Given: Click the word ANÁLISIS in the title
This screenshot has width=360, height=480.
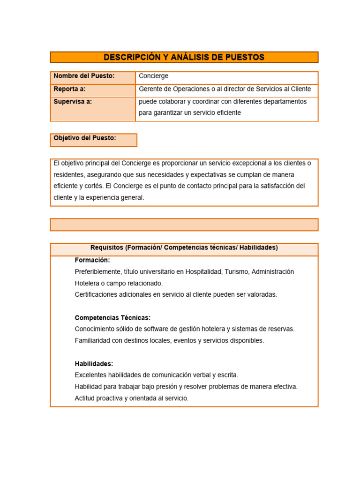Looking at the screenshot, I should [194, 57].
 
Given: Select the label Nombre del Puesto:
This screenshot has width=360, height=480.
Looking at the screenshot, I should [84, 76].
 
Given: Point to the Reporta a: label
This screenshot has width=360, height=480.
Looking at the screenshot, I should [70, 89].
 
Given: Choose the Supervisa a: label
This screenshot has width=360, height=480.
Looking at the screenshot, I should [73, 101].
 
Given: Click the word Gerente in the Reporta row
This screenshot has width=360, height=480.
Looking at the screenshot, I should [151, 89].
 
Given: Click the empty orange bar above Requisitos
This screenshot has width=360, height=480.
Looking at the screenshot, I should [184, 225].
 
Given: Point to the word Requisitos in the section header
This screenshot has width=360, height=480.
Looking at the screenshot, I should [107, 247].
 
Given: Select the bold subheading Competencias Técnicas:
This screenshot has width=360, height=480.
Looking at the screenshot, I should [112, 317].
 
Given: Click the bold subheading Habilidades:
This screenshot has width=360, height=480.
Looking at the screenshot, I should [94, 363].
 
